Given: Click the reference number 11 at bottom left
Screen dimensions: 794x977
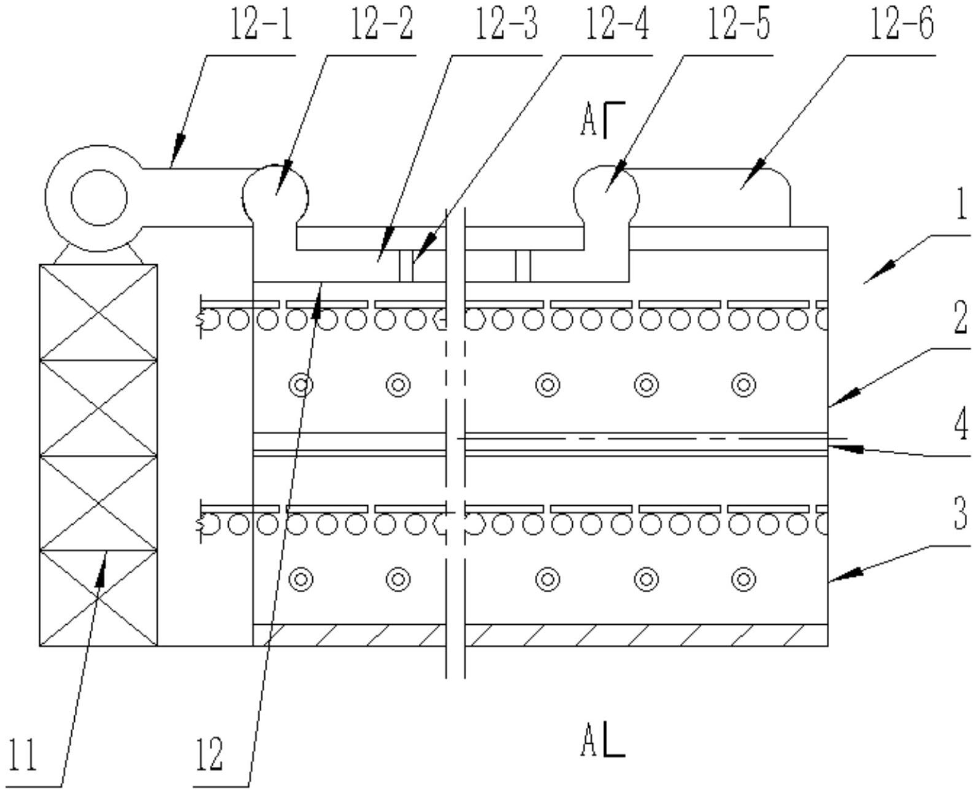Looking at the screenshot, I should (x=23, y=754).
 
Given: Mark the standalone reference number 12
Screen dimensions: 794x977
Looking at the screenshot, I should (x=209, y=754).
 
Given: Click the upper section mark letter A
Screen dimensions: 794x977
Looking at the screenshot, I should (x=588, y=121).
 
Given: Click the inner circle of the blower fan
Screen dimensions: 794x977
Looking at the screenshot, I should (x=99, y=198).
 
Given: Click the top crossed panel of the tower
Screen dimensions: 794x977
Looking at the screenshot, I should (x=99, y=312).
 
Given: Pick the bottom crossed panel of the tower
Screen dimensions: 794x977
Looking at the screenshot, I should (x=99, y=598).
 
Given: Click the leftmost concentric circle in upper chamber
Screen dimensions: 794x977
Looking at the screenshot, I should (x=301, y=385).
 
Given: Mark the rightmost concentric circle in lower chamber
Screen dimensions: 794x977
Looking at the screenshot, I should (x=743, y=579).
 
